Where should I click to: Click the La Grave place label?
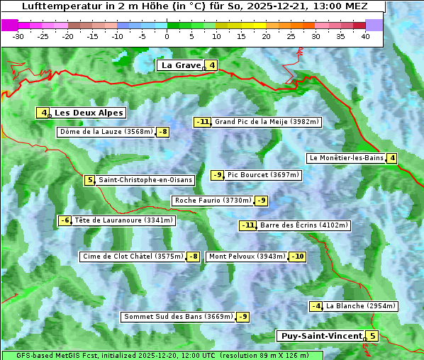181,65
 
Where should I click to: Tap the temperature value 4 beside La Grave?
211,66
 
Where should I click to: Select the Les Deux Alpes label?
89,113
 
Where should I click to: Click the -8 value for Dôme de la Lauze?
163,132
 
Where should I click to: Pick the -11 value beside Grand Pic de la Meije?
203,122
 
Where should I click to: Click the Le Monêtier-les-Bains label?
346,158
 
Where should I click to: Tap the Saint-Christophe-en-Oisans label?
145,180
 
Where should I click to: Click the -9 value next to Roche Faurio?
262,201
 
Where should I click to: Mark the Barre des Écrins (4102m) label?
304,225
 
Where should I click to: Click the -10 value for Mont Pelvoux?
297,257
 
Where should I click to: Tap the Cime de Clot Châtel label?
132,257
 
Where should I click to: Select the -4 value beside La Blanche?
316,306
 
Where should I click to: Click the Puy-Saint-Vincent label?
320,336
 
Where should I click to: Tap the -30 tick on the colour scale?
18,35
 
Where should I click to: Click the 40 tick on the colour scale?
365,35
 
